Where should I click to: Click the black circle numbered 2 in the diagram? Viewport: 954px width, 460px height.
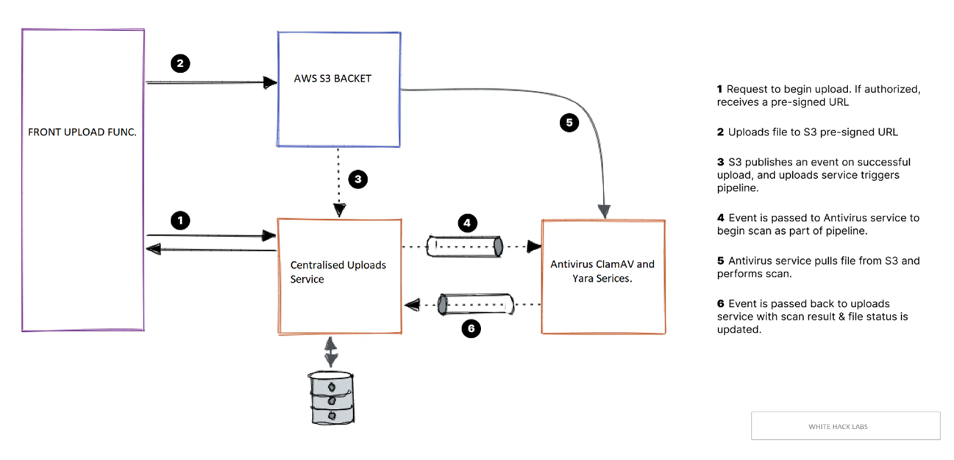click(180, 63)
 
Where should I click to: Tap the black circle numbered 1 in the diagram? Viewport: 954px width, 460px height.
click(180, 219)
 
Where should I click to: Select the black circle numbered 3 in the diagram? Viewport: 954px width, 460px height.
click(357, 180)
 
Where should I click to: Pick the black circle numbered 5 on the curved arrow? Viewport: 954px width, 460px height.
click(569, 123)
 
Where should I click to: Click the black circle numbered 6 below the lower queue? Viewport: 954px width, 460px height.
click(471, 328)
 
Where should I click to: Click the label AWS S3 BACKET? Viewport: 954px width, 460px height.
click(332, 77)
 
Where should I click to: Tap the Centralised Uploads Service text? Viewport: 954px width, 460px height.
click(338, 272)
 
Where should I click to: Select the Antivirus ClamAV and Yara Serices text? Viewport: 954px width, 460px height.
click(602, 271)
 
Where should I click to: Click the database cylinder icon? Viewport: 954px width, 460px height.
click(330, 397)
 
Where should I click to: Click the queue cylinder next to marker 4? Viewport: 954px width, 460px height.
click(464, 245)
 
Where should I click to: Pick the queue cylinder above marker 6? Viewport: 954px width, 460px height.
click(475, 304)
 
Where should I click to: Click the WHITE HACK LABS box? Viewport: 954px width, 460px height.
click(845, 426)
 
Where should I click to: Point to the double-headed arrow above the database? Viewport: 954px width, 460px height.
click(331, 352)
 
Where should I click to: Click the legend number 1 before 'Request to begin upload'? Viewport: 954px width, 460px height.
click(720, 89)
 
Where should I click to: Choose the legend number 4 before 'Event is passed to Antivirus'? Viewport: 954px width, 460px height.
click(721, 218)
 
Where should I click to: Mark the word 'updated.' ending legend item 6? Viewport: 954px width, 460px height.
click(738, 330)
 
